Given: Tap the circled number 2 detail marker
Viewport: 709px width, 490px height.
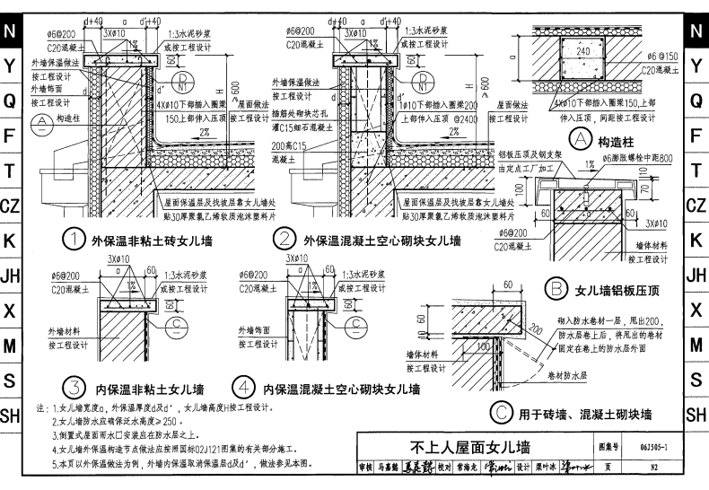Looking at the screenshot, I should pyautogui.click(x=284, y=240).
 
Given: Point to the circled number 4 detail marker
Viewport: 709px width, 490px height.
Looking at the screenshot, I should pyautogui.click(x=243, y=389).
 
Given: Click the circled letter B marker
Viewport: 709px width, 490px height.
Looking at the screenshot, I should pyautogui.click(x=556, y=290).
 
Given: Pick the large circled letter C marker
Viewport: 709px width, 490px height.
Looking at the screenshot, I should pyautogui.click(x=500, y=413).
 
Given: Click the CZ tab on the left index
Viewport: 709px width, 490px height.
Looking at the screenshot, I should pyautogui.click(x=10, y=206).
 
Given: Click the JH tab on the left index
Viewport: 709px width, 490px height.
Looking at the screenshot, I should pyautogui.click(x=10, y=276).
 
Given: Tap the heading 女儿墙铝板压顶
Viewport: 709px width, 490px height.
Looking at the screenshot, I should pyautogui.click(x=618, y=291).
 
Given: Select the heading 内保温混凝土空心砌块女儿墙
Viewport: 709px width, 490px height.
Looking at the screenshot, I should pyautogui.click(x=341, y=389).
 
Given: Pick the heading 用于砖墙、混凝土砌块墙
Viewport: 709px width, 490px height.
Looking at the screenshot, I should pyautogui.click(x=583, y=414).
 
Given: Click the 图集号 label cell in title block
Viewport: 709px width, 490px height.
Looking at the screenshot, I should pyautogui.click(x=608, y=446).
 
